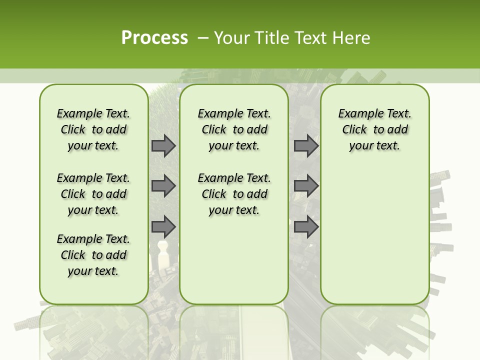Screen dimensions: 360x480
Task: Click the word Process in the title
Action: [154, 37]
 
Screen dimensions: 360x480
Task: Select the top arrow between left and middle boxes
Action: [163, 145]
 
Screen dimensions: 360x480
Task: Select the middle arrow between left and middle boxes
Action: [163, 186]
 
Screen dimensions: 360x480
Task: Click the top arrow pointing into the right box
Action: [306, 145]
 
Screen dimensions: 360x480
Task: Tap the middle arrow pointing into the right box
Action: [306, 186]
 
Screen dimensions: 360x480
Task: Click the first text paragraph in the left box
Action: [93, 129]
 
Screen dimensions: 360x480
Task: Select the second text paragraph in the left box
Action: [93, 194]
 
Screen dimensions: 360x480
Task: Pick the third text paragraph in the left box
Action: [93, 255]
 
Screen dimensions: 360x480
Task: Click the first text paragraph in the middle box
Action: [234, 129]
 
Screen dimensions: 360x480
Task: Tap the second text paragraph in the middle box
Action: [234, 194]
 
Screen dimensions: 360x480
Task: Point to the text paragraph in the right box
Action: [374, 129]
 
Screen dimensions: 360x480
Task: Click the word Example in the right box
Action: [356, 114]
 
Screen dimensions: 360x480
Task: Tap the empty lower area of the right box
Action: [374, 235]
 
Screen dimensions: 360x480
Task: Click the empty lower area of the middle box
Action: [234, 260]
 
